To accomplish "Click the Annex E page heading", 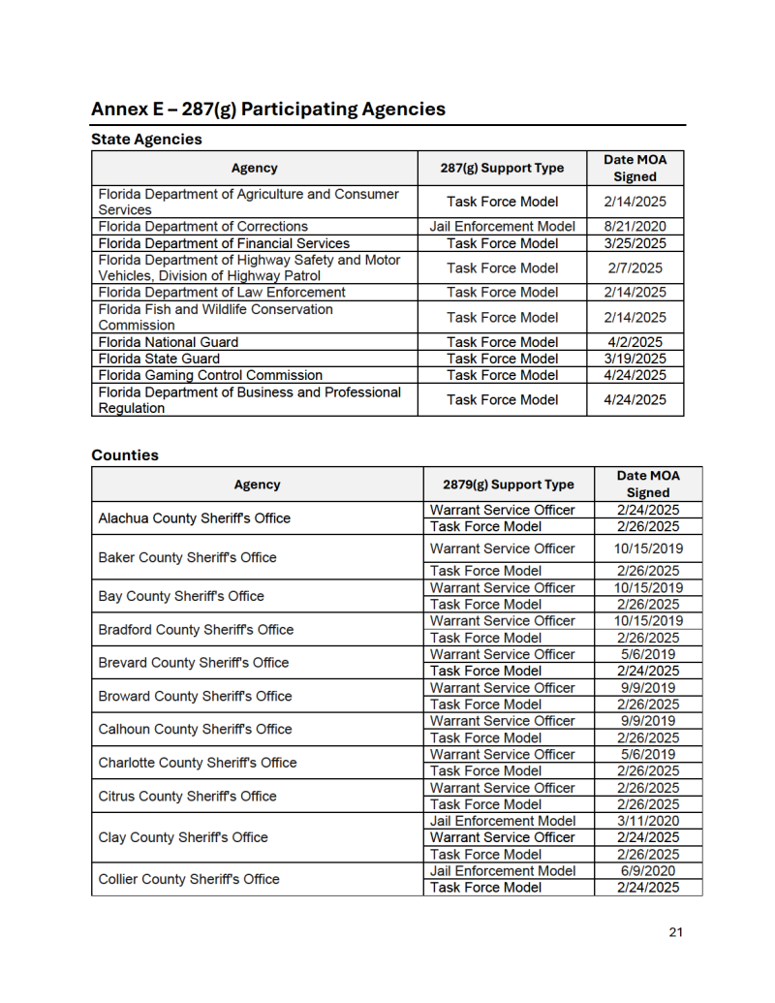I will pyautogui.click(x=268, y=109).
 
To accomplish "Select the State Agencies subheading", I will pyautogui.click(x=146, y=140).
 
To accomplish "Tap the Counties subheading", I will pyautogui.click(x=125, y=454).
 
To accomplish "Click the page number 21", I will pyautogui.click(x=675, y=932).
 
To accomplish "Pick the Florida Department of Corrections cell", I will pyautogui.click(x=203, y=227).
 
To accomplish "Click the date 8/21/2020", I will pyautogui.click(x=635, y=227).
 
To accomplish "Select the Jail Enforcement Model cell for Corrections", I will pyautogui.click(x=502, y=227).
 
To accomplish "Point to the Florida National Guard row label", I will pyautogui.click(x=169, y=342).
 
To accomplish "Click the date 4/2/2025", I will pyautogui.click(x=635, y=342).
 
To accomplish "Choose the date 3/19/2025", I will pyautogui.click(x=635, y=359).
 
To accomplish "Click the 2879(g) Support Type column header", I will pyautogui.click(x=509, y=485).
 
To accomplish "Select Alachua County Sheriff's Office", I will pyautogui.click(x=195, y=518).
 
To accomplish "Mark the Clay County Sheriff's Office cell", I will pyautogui.click(x=183, y=837).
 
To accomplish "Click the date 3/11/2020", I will pyautogui.click(x=648, y=821).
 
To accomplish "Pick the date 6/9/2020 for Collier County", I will pyautogui.click(x=648, y=870).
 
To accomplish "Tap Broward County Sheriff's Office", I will pyautogui.click(x=195, y=696).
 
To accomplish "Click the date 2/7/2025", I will pyautogui.click(x=635, y=267).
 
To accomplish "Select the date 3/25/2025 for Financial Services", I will pyautogui.click(x=635, y=243).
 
